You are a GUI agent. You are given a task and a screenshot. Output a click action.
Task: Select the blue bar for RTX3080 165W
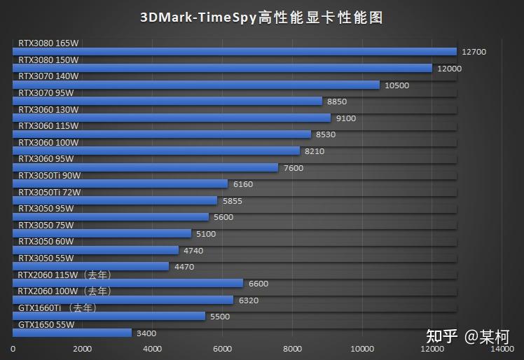(x=235, y=52)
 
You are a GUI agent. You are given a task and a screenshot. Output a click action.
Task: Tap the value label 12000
(x=449, y=69)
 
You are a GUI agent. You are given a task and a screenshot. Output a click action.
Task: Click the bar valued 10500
(x=196, y=85)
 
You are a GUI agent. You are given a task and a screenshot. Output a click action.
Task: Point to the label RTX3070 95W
(x=46, y=92)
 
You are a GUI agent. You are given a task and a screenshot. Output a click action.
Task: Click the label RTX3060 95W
(x=46, y=158)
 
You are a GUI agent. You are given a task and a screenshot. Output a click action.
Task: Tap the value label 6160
(x=243, y=184)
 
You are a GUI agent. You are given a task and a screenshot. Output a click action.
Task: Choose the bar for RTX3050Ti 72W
(x=115, y=200)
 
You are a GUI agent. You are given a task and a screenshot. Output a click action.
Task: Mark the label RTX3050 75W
(x=46, y=225)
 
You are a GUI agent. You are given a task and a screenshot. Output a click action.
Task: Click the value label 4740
(x=194, y=250)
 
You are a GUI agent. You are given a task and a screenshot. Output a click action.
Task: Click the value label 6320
(x=249, y=300)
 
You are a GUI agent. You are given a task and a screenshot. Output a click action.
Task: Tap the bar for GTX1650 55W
(x=72, y=333)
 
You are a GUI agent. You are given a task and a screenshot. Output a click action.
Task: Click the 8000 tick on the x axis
(x=292, y=348)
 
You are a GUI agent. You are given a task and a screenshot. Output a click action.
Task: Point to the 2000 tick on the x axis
(x=83, y=348)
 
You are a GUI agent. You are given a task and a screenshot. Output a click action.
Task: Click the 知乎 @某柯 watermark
(x=467, y=337)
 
